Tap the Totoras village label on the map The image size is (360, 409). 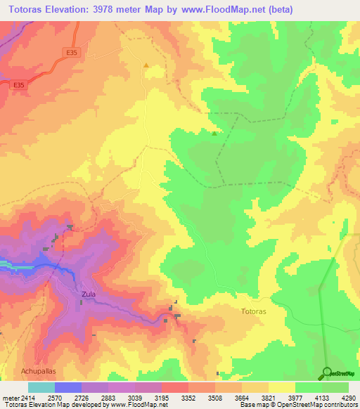[x=254, y=311]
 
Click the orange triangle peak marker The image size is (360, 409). [x=146, y=65]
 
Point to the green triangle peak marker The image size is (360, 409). [x=214, y=133]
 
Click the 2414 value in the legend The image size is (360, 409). [x=27, y=398]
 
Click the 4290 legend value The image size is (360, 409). [x=349, y=398]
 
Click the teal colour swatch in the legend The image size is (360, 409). [x=41, y=387]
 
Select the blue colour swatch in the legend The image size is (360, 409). [x=68, y=387]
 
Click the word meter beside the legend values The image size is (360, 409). [x=10, y=398]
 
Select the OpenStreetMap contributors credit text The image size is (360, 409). [x=316, y=405]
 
